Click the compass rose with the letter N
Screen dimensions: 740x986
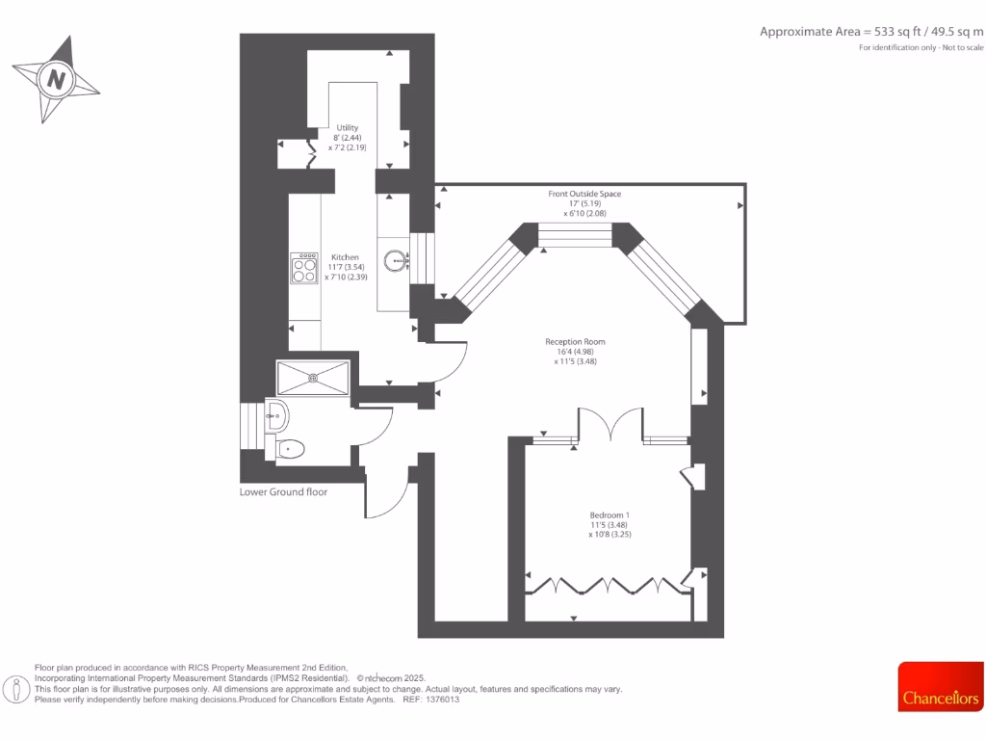click(56, 79)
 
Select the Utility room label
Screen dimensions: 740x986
click(347, 127)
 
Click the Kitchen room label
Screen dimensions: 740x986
click(345, 257)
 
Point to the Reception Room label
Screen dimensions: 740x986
click(575, 342)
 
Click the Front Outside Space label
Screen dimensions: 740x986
click(584, 194)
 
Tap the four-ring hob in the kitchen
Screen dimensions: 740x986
click(304, 269)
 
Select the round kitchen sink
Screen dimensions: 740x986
click(396, 260)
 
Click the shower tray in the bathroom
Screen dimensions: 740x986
click(313, 377)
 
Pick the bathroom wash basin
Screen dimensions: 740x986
click(277, 415)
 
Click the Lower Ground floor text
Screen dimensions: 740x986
click(283, 491)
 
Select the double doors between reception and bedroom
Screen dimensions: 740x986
click(610, 425)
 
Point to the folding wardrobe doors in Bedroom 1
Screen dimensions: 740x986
click(607, 584)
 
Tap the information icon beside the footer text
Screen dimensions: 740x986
click(15, 689)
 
